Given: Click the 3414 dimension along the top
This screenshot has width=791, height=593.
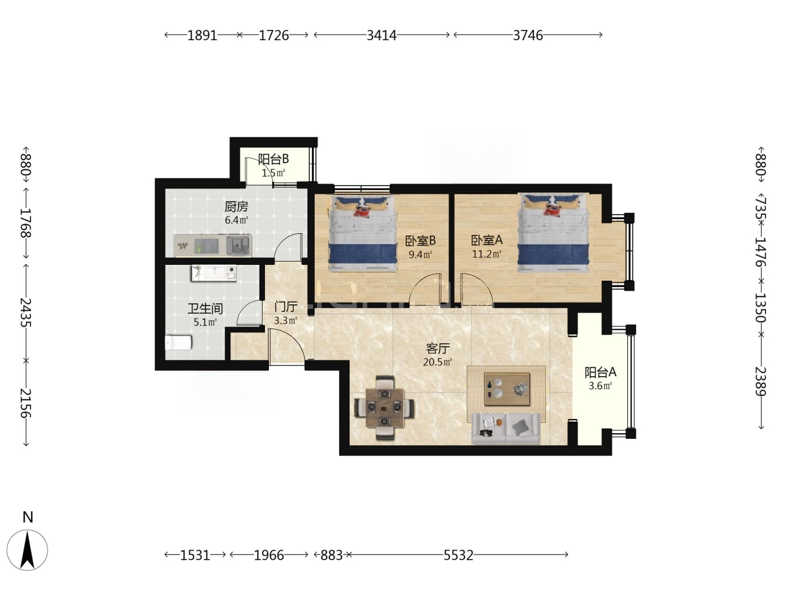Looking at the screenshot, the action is point(381,35).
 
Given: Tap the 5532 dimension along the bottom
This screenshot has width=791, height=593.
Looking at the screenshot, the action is point(458,555).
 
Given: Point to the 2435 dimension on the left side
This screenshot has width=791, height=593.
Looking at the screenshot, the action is point(26,312).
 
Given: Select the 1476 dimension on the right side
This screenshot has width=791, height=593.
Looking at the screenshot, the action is point(760,252).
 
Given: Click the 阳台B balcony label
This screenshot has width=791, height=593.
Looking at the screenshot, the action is point(273,159).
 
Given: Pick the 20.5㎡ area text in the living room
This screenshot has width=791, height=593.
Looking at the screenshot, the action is point(437,362).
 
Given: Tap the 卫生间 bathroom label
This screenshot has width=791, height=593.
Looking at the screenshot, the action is point(205,308).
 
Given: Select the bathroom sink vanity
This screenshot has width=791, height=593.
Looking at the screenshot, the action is point(214,273).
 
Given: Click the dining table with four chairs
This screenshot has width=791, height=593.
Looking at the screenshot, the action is point(385,408).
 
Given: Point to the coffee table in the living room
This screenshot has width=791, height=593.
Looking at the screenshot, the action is point(507,389).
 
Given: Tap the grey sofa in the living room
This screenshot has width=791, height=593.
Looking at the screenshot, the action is point(506,429).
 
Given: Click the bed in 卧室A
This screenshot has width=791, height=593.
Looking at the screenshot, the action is point(553,233).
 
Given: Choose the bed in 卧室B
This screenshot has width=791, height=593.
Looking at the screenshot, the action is point(363,233).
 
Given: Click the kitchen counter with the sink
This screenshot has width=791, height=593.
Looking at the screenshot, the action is point(212,246).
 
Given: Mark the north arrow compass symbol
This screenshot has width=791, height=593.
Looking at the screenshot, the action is point(27,550).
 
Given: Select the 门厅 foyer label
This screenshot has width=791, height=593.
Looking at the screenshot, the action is point(286,307).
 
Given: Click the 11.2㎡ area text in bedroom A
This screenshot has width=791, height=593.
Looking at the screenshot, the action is point(487,254).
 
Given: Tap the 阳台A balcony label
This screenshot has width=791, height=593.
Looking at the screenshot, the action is point(601,372).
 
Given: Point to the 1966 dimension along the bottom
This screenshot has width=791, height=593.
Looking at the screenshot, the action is point(269,555).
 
